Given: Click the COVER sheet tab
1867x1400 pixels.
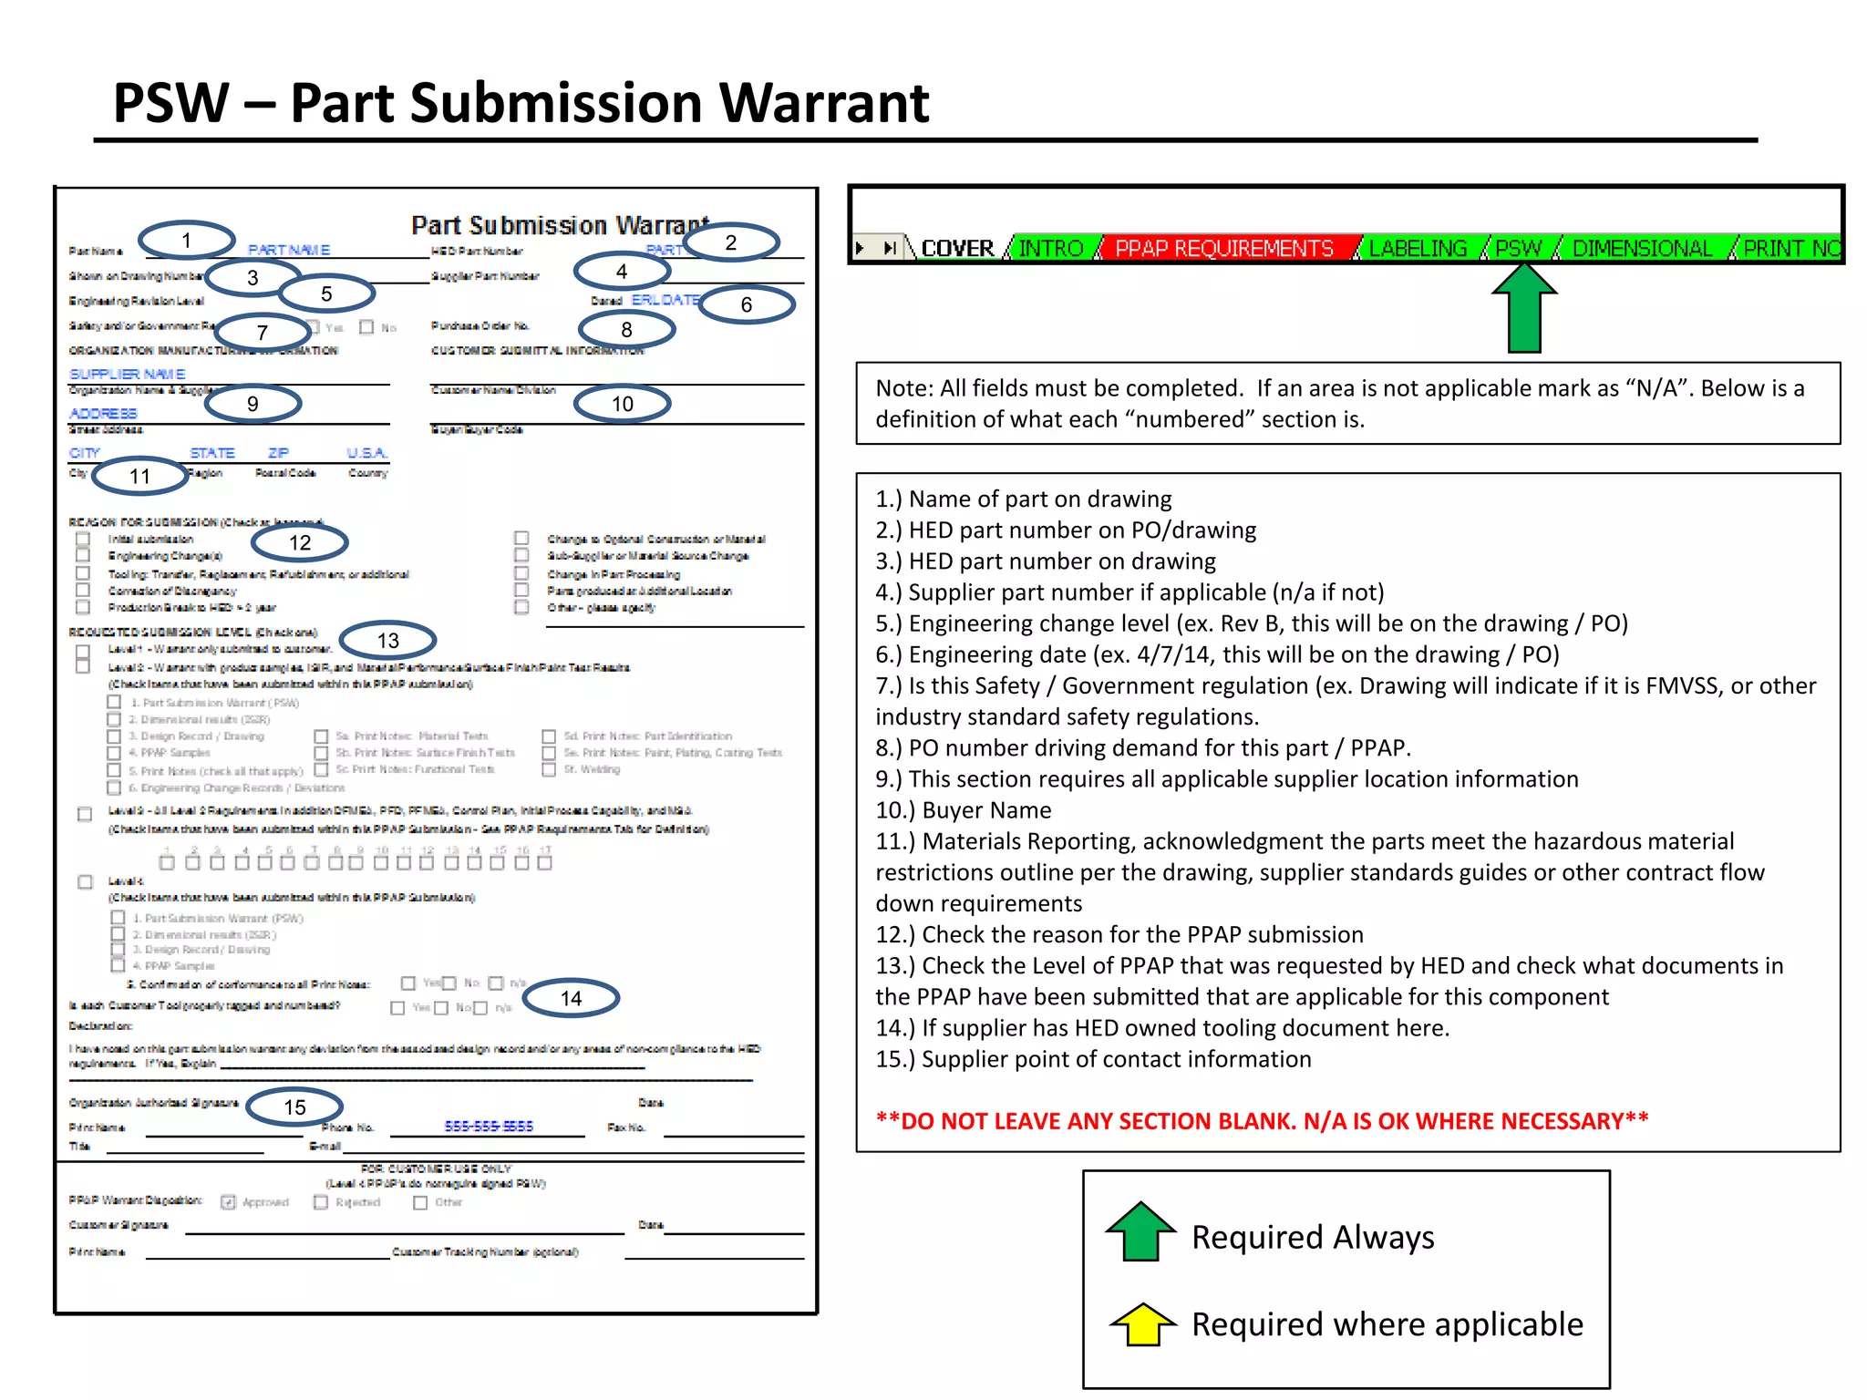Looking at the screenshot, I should pyautogui.click(x=956, y=248).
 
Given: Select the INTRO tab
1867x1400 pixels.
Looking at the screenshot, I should pyautogui.click(x=1050, y=248).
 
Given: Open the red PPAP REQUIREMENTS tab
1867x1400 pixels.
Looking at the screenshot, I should pyautogui.click(x=1223, y=248).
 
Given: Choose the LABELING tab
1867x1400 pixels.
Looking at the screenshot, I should pyautogui.click(x=1418, y=248).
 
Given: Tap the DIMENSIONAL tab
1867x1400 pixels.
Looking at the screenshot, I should pyautogui.click(x=1642, y=248).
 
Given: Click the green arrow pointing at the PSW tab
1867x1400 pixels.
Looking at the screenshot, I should pyautogui.click(x=1524, y=308).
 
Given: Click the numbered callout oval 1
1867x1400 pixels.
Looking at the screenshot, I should pyautogui.click(x=187, y=241).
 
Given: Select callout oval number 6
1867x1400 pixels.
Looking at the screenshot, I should pyautogui.click(x=747, y=304).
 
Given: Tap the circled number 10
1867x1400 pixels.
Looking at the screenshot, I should pyautogui.click(x=623, y=404).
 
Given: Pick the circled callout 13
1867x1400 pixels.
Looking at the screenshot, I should pyautogui.click(x=388, y=641).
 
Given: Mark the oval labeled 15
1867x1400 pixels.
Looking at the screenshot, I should pyautogui.click(x=294, y=1107).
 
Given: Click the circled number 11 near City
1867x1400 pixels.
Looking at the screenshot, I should pyautogui.click(x=139, y=476).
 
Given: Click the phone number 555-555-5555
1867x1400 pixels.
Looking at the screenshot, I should pyautogui.click(x=489, y=1127).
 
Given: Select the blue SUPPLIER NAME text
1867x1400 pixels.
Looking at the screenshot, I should pyautogui.click(x=128, y=375).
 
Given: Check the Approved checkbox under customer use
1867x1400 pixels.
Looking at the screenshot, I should pyautogui.click(x=229, y=1202).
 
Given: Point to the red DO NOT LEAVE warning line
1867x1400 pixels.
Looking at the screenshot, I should pyautogui.click(x=1262, y=1120).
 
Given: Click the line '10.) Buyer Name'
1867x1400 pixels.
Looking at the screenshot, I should pyautogui.click(x=964, y=810).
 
